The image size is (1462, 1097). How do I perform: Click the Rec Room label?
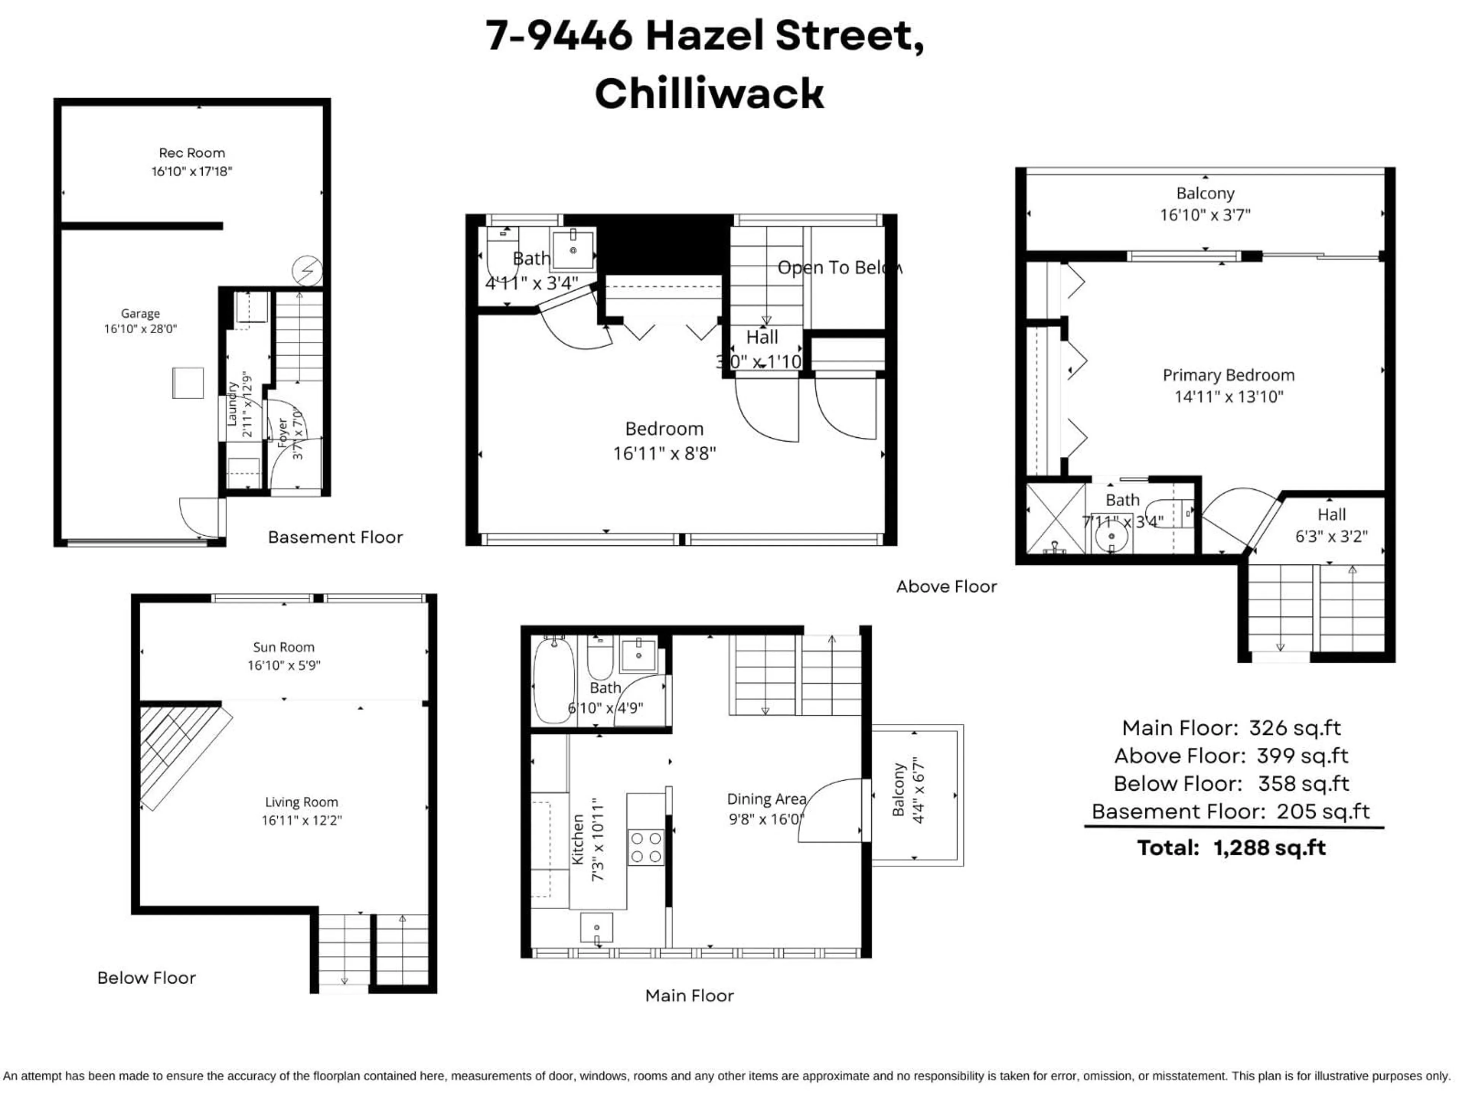[192, 153]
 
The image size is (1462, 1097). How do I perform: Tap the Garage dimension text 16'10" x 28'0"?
[140, 329]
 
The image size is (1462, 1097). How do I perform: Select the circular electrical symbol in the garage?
[307, 270]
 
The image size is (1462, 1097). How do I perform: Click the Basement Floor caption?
[335, 537]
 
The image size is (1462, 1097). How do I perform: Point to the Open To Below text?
[838, 268]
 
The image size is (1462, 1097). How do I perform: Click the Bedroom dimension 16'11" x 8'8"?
[664, 454]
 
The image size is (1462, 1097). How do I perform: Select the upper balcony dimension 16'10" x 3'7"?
[1205, 215]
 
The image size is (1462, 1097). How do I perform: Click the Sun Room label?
[284, 648]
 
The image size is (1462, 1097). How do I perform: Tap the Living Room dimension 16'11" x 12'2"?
[302, 820]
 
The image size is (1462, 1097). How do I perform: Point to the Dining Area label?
[766, 800]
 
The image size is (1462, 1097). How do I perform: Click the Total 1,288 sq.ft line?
[1231, 848]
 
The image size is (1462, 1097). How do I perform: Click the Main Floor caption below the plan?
[690, 996]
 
